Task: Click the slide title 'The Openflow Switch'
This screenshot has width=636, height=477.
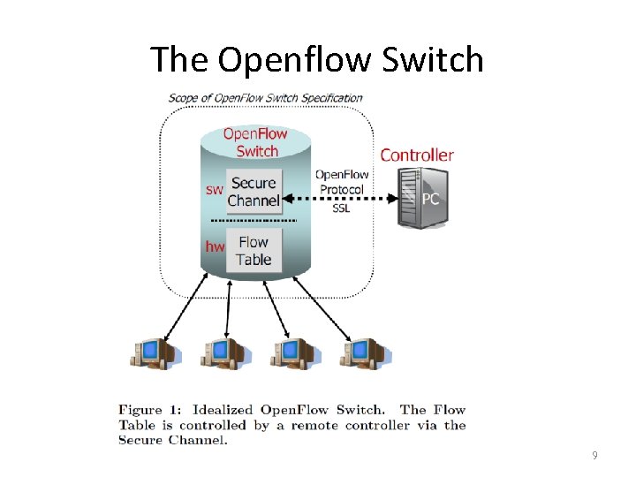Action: [x=317, y=59]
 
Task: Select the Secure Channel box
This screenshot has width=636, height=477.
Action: [x=254, y=192]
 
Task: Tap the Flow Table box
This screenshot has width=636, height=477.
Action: [x=254, y=250]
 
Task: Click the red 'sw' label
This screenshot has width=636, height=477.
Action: [x=215, y=189]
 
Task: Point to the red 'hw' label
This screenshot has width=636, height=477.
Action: [x=215, y=246]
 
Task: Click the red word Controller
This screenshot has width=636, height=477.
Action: [x=417, y=155]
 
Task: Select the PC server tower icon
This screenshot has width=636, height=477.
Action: [x=418, y=199]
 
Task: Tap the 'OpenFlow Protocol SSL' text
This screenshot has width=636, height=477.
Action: [x=342, y=190]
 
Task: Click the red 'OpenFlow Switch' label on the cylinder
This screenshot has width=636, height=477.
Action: [x=256, y=142]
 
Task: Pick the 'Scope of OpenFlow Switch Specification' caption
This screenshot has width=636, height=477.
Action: [x=265, y=97]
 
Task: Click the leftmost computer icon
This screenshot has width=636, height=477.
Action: [x=155, y=352]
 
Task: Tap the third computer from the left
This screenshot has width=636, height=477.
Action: [x=295, y=352]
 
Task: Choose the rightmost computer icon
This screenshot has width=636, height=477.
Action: [x=365, y=352]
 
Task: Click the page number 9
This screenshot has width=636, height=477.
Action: [x=595, y=456]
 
